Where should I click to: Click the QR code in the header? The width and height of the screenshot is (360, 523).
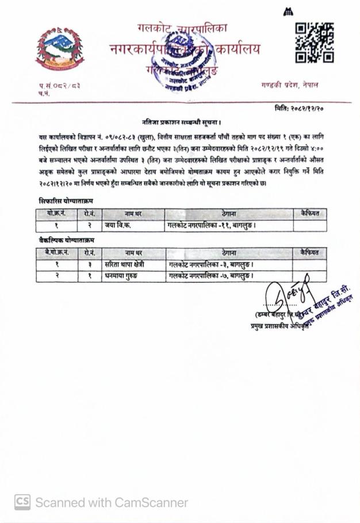[314, 43]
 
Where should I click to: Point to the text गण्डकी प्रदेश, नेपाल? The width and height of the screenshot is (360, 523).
[289, 84]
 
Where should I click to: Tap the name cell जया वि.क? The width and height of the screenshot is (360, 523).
[133, 225]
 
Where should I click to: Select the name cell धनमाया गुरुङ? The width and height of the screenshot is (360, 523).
[133, 276]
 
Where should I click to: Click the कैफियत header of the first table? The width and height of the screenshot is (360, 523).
[309, 214]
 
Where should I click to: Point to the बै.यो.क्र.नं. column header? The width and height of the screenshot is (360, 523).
[56, 253]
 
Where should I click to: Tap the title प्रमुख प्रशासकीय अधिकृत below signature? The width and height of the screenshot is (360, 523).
[272, 325]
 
